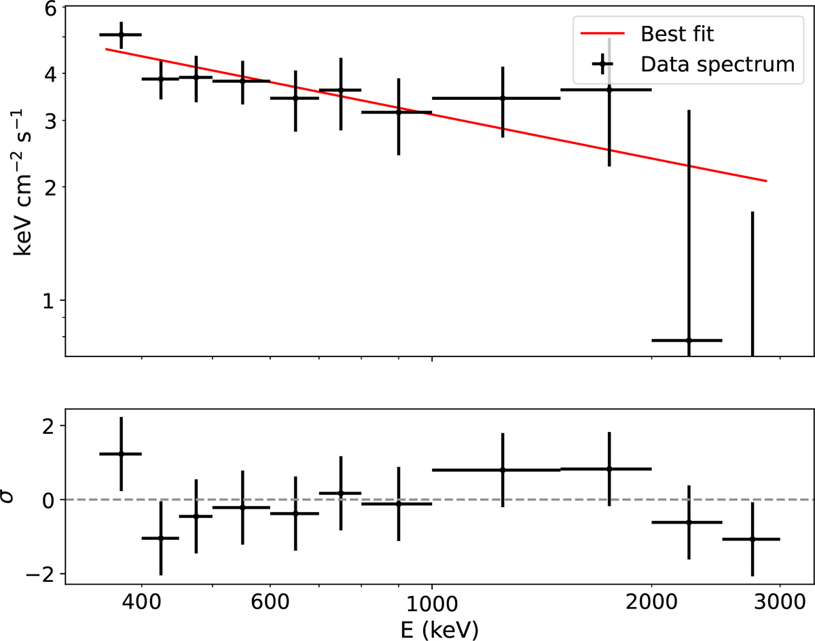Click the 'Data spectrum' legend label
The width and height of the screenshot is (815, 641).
(x=717, y=65)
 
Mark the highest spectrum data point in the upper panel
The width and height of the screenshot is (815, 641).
(x=121, y=35)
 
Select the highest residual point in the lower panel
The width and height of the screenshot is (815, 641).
(x=121, y=454)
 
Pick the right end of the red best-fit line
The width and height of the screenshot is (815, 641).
(x=767, y=181)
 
